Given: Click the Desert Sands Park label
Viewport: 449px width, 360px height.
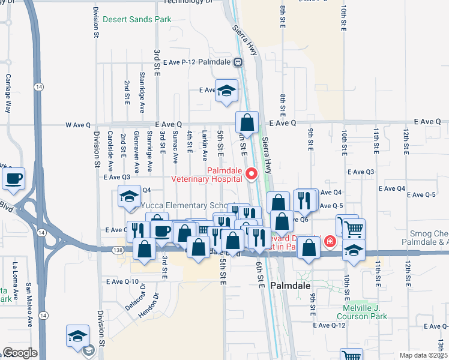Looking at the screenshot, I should point(137,19).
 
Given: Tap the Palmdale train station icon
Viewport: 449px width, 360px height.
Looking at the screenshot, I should point(238,61).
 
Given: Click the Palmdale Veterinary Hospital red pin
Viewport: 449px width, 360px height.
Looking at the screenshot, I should point(252,174).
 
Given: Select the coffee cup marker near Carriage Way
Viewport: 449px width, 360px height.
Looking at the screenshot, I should point(13,178).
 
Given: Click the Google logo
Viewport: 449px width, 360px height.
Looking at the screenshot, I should point(19,353).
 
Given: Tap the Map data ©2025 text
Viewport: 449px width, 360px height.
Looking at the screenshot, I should point(423,355).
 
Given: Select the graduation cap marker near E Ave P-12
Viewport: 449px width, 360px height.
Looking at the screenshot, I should point(226,91).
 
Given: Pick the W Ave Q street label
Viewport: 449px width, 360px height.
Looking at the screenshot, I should point(78,125).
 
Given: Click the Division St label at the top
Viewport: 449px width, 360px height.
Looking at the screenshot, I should point(96,23).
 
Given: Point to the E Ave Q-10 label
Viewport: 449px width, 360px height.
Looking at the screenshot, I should point(122,281).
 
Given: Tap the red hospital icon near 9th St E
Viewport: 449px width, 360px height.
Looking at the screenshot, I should point(330,242).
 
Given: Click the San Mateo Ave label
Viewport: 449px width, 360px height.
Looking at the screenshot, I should point(28,310).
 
